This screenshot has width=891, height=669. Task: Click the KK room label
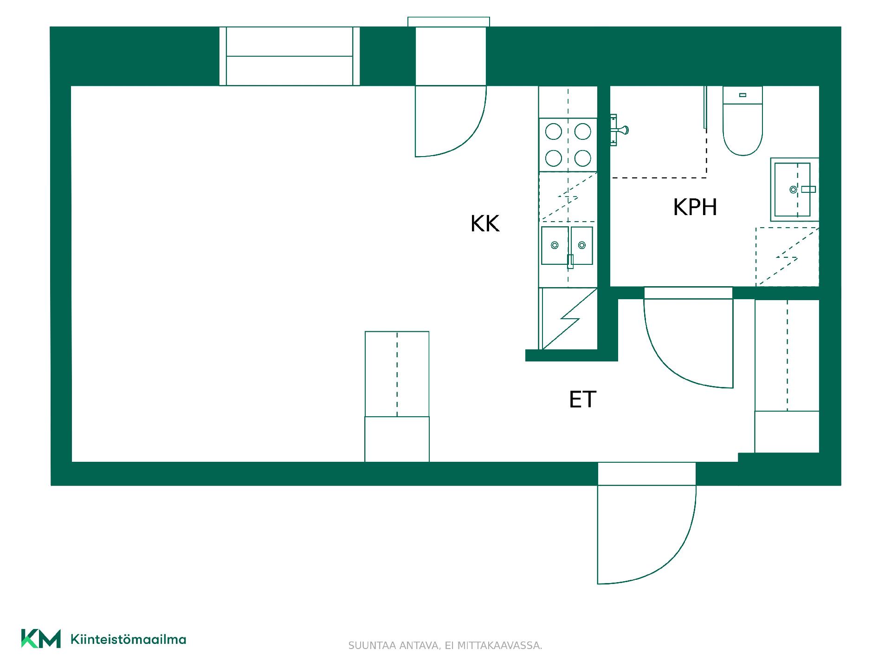(x=485, y=223)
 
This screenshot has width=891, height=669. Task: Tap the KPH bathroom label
(x=695, y=207)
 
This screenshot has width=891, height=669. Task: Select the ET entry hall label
(x=582, y=400)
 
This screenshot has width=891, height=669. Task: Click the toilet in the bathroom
(x=742, y=121)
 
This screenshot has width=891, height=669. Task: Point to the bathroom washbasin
(x=794, y=190)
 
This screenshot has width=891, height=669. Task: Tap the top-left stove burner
(x=554, y=132)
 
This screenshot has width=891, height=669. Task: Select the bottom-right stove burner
(x=583, y=158)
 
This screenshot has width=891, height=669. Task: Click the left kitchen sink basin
(x=555, y=245)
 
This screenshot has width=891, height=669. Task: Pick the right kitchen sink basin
(x=582, y=245)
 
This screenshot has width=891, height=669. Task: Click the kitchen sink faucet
(x=570, y=262)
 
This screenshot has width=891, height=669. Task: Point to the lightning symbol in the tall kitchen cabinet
(x=570, y=319)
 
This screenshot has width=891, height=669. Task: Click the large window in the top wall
(x=290, y=56)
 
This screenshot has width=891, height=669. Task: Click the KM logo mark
(x=41, y=639)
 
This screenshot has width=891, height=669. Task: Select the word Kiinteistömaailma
(x=128, y=639)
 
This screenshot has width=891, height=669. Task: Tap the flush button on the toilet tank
(x=742, y=95)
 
